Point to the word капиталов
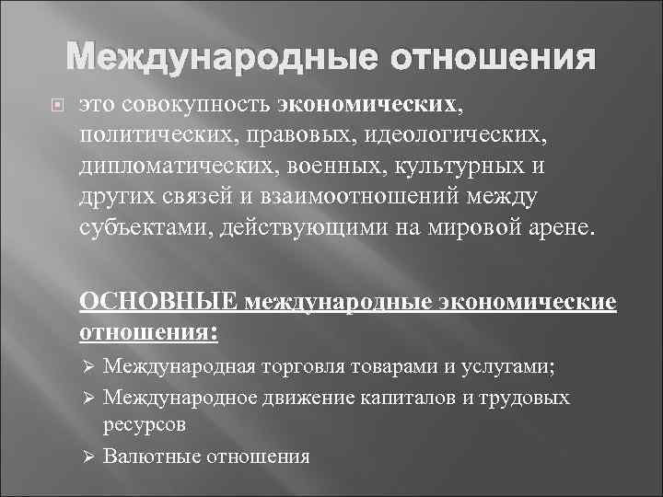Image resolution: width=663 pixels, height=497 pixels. tap(397, 398)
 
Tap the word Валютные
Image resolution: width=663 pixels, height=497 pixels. tap(151, 456)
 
